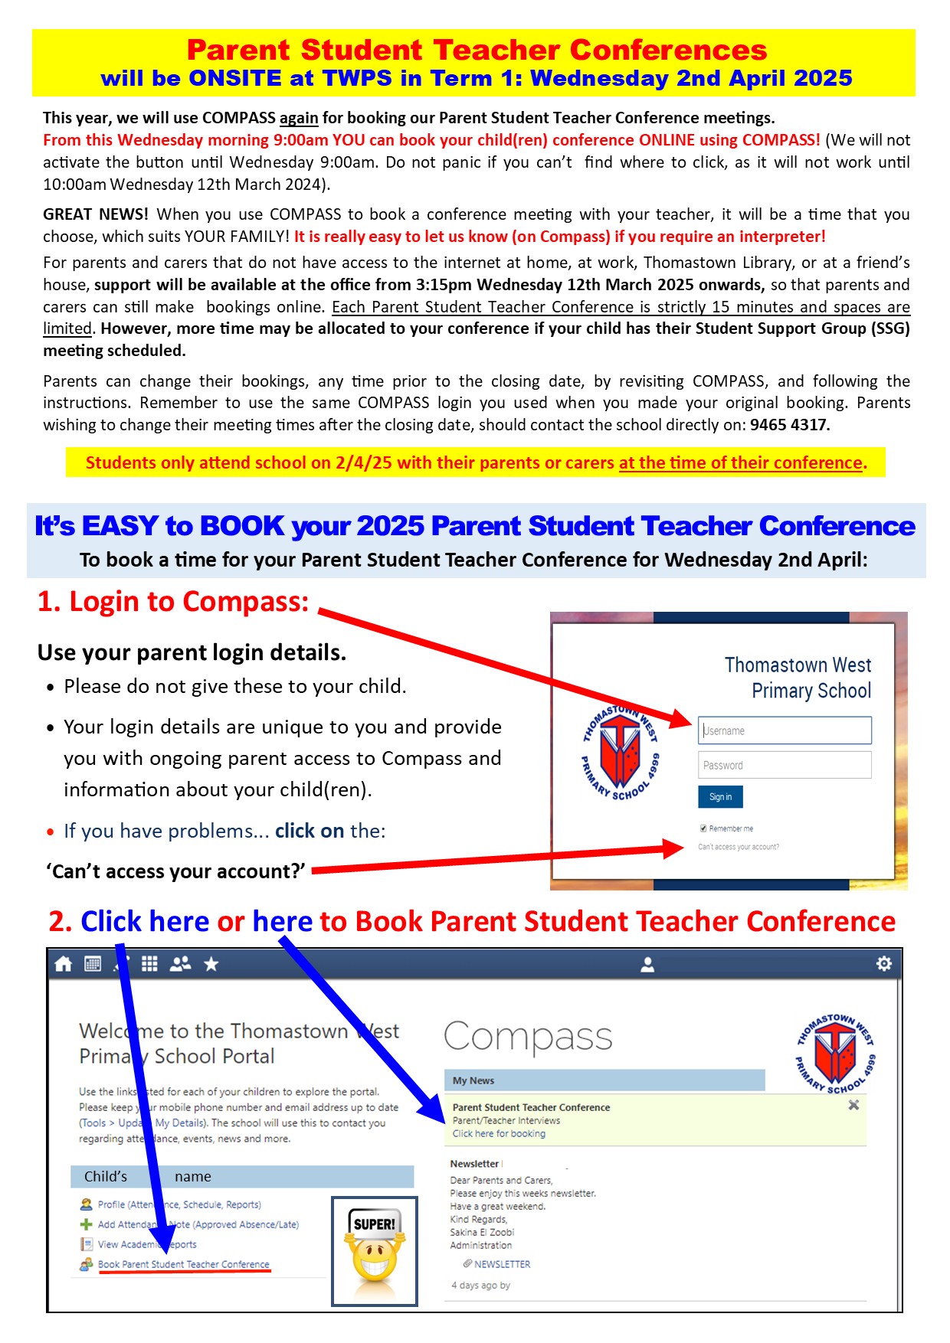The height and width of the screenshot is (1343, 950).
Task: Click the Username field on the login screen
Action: point(785,730)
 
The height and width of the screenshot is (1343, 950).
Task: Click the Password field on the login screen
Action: point(785,765)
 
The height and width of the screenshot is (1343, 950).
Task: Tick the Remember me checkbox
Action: point(703,828)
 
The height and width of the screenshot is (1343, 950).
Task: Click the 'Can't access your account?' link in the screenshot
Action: point(739,847)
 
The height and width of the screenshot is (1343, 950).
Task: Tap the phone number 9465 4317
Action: point(789,425)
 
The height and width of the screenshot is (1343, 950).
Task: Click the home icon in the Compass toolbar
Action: point(64,964)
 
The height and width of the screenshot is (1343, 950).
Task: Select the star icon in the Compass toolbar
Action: point(211,964)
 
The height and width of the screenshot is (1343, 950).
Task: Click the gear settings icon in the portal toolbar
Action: point(884,963)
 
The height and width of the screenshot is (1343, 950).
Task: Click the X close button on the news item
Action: point(853,1105)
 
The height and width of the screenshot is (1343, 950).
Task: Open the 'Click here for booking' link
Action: point(499,1134)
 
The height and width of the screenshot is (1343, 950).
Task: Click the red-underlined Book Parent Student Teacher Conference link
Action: point(184,1264)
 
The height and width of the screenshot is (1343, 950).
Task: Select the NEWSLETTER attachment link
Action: point(502,1264)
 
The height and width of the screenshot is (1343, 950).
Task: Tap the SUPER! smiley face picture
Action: point(374,1250)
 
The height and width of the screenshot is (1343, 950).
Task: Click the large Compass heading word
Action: point(528,1037)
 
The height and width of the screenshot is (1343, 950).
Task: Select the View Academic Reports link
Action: point(147,1244)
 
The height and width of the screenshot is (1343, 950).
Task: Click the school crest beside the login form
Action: point(620,752)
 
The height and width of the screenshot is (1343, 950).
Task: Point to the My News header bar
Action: point(604,1080)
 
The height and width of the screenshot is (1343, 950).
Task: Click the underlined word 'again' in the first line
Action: point(299,118)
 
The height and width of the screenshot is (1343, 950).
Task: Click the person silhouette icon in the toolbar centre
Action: point(647,964)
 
